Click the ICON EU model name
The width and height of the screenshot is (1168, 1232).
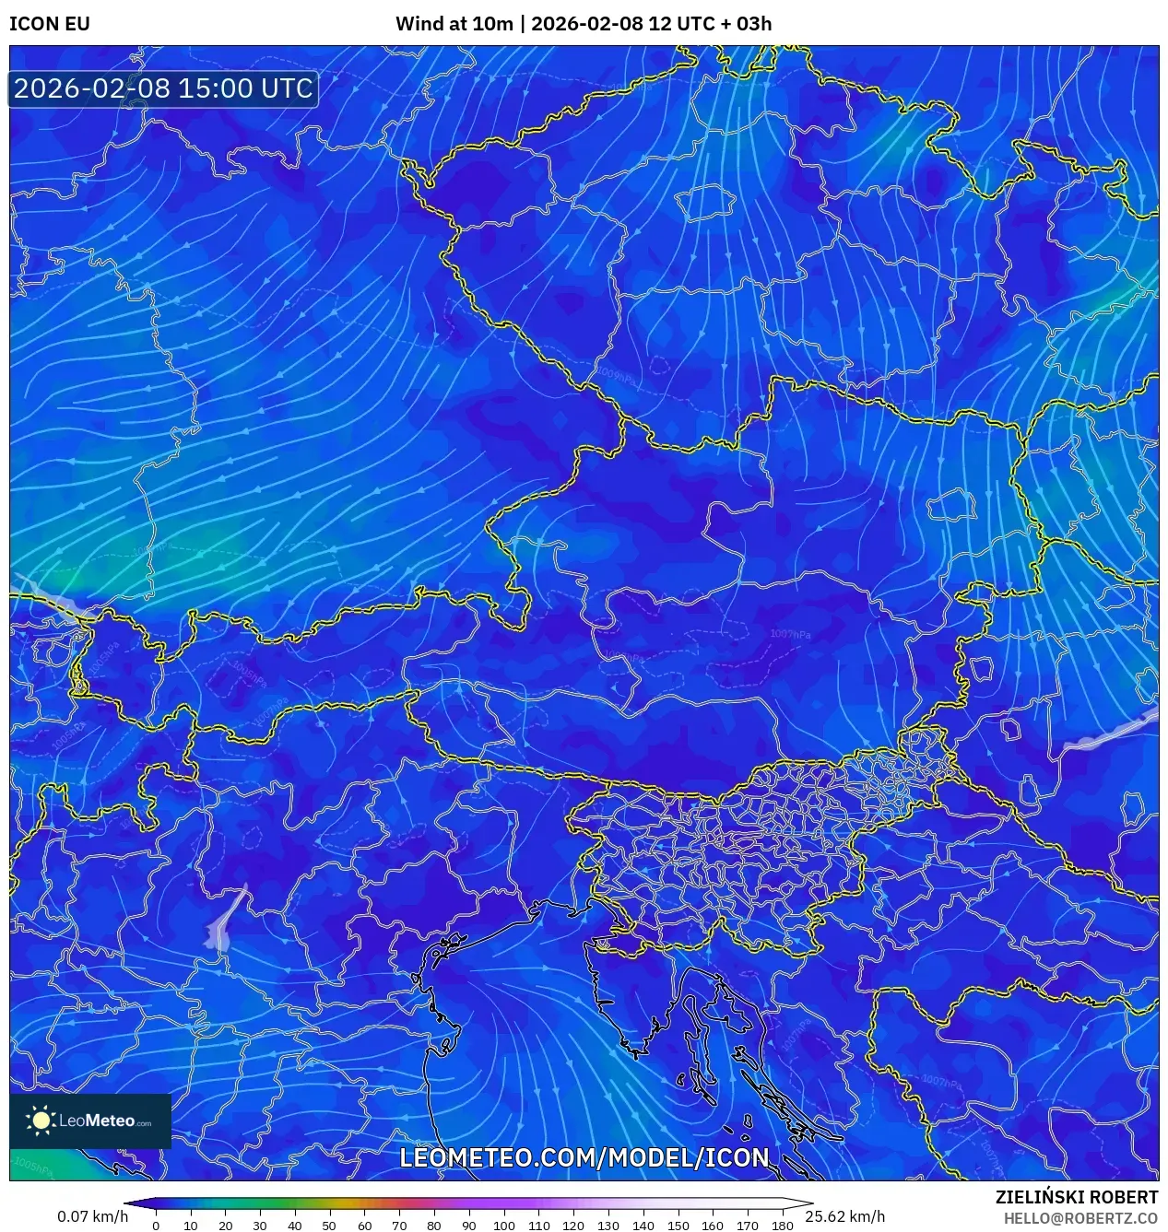click(50, 24)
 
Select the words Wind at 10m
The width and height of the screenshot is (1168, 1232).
click(454, 24)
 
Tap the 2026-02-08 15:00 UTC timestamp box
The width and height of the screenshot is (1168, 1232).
click(163, 88)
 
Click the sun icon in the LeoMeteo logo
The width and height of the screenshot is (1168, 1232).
click(41, 1121)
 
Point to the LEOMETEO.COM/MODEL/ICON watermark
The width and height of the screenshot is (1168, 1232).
click(584, 1157)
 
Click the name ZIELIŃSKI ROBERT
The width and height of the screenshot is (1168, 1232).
click(1076, 1197)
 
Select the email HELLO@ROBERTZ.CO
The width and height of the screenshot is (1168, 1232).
click(1080, 1218)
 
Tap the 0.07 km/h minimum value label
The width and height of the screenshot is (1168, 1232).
click(92, 1216)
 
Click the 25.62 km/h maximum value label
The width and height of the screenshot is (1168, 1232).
click(844, 1216)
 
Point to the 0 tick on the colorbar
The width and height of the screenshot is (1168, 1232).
click(155, 1226)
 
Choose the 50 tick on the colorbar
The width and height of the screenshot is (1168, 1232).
click(329, 1226)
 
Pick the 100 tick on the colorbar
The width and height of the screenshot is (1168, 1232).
click(503, 1226)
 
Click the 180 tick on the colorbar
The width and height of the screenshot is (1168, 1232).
click(782, 1226)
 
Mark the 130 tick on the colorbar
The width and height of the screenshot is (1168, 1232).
click(608, 1226)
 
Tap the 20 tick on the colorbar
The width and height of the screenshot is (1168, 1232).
click(225, 1226)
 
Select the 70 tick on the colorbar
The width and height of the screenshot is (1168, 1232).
click(399, 1226)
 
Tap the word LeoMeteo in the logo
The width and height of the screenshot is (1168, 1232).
click(97, 1121)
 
